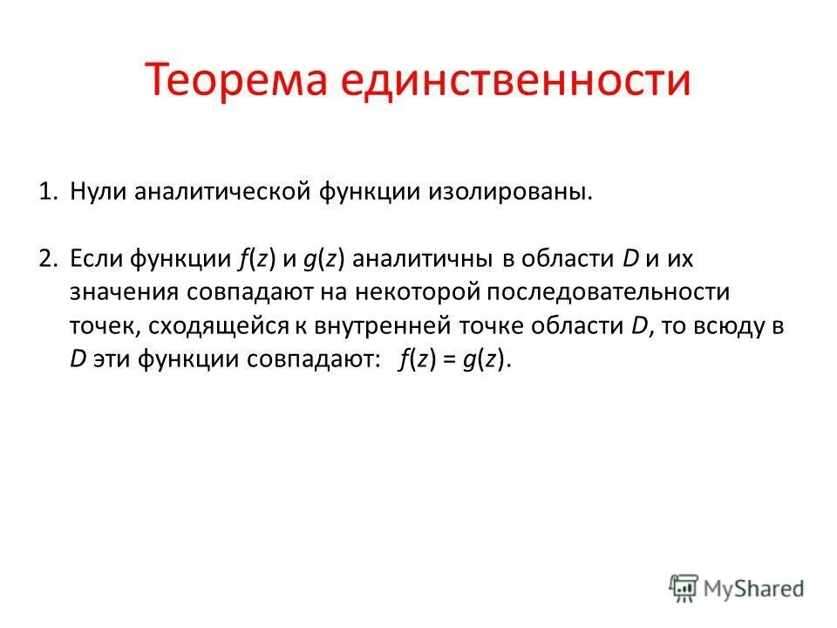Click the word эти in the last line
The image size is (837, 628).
[110, 361]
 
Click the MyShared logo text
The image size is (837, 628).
[754, 587]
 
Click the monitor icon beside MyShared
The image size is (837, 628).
[684, 587]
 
